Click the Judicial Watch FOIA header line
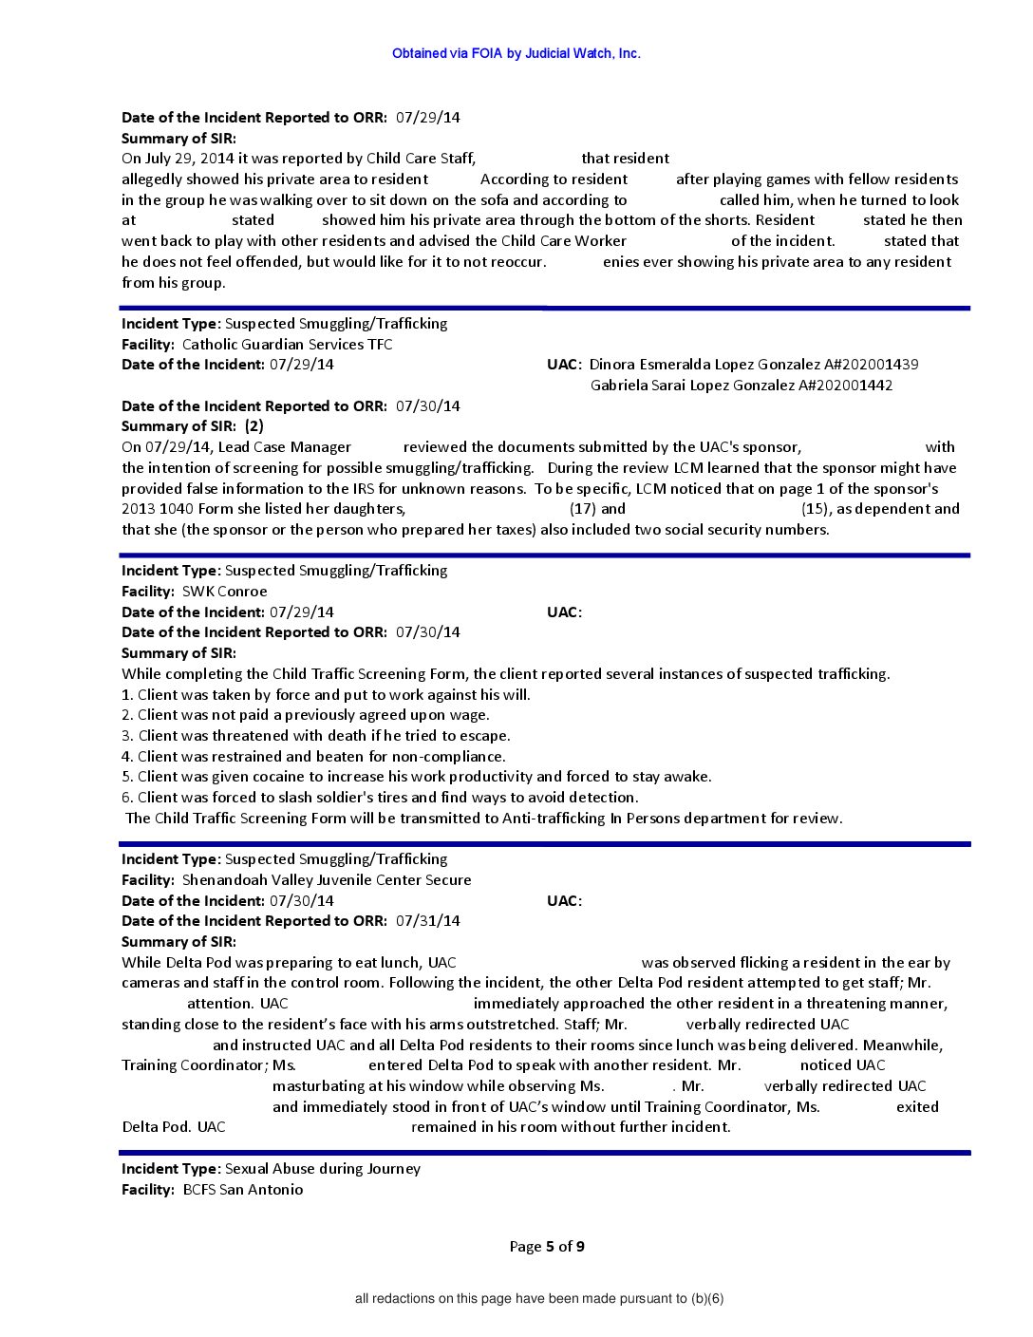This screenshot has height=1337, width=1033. (x=516, y=53)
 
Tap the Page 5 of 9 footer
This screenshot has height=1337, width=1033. (x=547, y=1246)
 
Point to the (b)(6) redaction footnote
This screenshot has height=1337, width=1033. (x=539, y=1298)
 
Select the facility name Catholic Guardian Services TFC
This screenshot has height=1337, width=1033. (x=287, y=344)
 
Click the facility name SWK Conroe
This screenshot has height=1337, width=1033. (x=224, y=591)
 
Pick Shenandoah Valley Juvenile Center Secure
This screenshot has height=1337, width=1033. (x=327, y=879)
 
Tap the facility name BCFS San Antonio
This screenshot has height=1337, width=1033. (x=243, y=1189)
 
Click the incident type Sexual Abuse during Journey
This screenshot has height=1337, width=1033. (x=323, y=1168)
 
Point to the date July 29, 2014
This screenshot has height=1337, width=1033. (x=180, y=158)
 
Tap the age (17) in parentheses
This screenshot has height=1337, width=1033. (x=582, y=508)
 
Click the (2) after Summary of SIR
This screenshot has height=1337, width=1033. (x=254, y=425)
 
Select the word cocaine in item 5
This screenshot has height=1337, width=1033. (x=241, y=776)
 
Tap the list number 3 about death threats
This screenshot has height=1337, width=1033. (x=127, y=735)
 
